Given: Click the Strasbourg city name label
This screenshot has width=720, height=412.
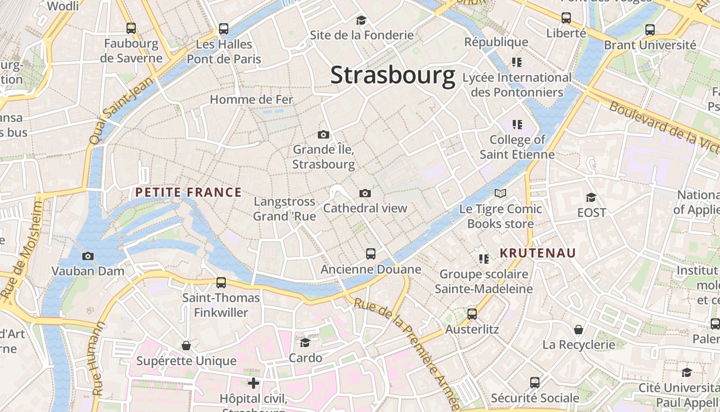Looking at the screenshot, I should click(393, 75).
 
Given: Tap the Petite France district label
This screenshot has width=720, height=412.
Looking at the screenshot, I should click(188, 193).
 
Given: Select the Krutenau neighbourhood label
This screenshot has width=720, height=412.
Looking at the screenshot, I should click(538, 253).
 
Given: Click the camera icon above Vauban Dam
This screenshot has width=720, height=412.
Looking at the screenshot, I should click(88, 256).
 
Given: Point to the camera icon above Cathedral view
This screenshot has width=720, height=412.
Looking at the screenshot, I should click(365, 194).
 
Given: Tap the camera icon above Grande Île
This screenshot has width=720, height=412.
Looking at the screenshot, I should click(323, 134).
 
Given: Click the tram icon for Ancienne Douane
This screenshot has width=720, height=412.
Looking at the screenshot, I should click(371, 253).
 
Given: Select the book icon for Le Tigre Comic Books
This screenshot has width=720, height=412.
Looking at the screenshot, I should click(500, 194).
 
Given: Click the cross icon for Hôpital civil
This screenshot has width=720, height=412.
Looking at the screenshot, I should click(254, 383).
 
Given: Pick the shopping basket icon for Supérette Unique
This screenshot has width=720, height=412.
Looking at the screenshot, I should click(186, 346).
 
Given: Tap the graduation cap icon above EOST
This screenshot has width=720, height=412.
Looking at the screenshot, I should click(591, 197).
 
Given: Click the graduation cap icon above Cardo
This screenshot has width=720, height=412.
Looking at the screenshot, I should click(305, 342).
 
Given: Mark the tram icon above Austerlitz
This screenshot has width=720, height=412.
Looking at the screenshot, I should click(472, 314).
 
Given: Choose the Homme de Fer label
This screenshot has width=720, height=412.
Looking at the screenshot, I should click(251, 99).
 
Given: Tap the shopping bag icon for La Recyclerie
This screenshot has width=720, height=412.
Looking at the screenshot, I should click(579, 330).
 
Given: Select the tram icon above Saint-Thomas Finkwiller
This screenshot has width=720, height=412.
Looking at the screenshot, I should click(221, 282).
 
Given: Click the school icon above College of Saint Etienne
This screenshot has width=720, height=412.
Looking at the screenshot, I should click(517, 124).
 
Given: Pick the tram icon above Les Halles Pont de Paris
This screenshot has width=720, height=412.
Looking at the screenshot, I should click(224, 29).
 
